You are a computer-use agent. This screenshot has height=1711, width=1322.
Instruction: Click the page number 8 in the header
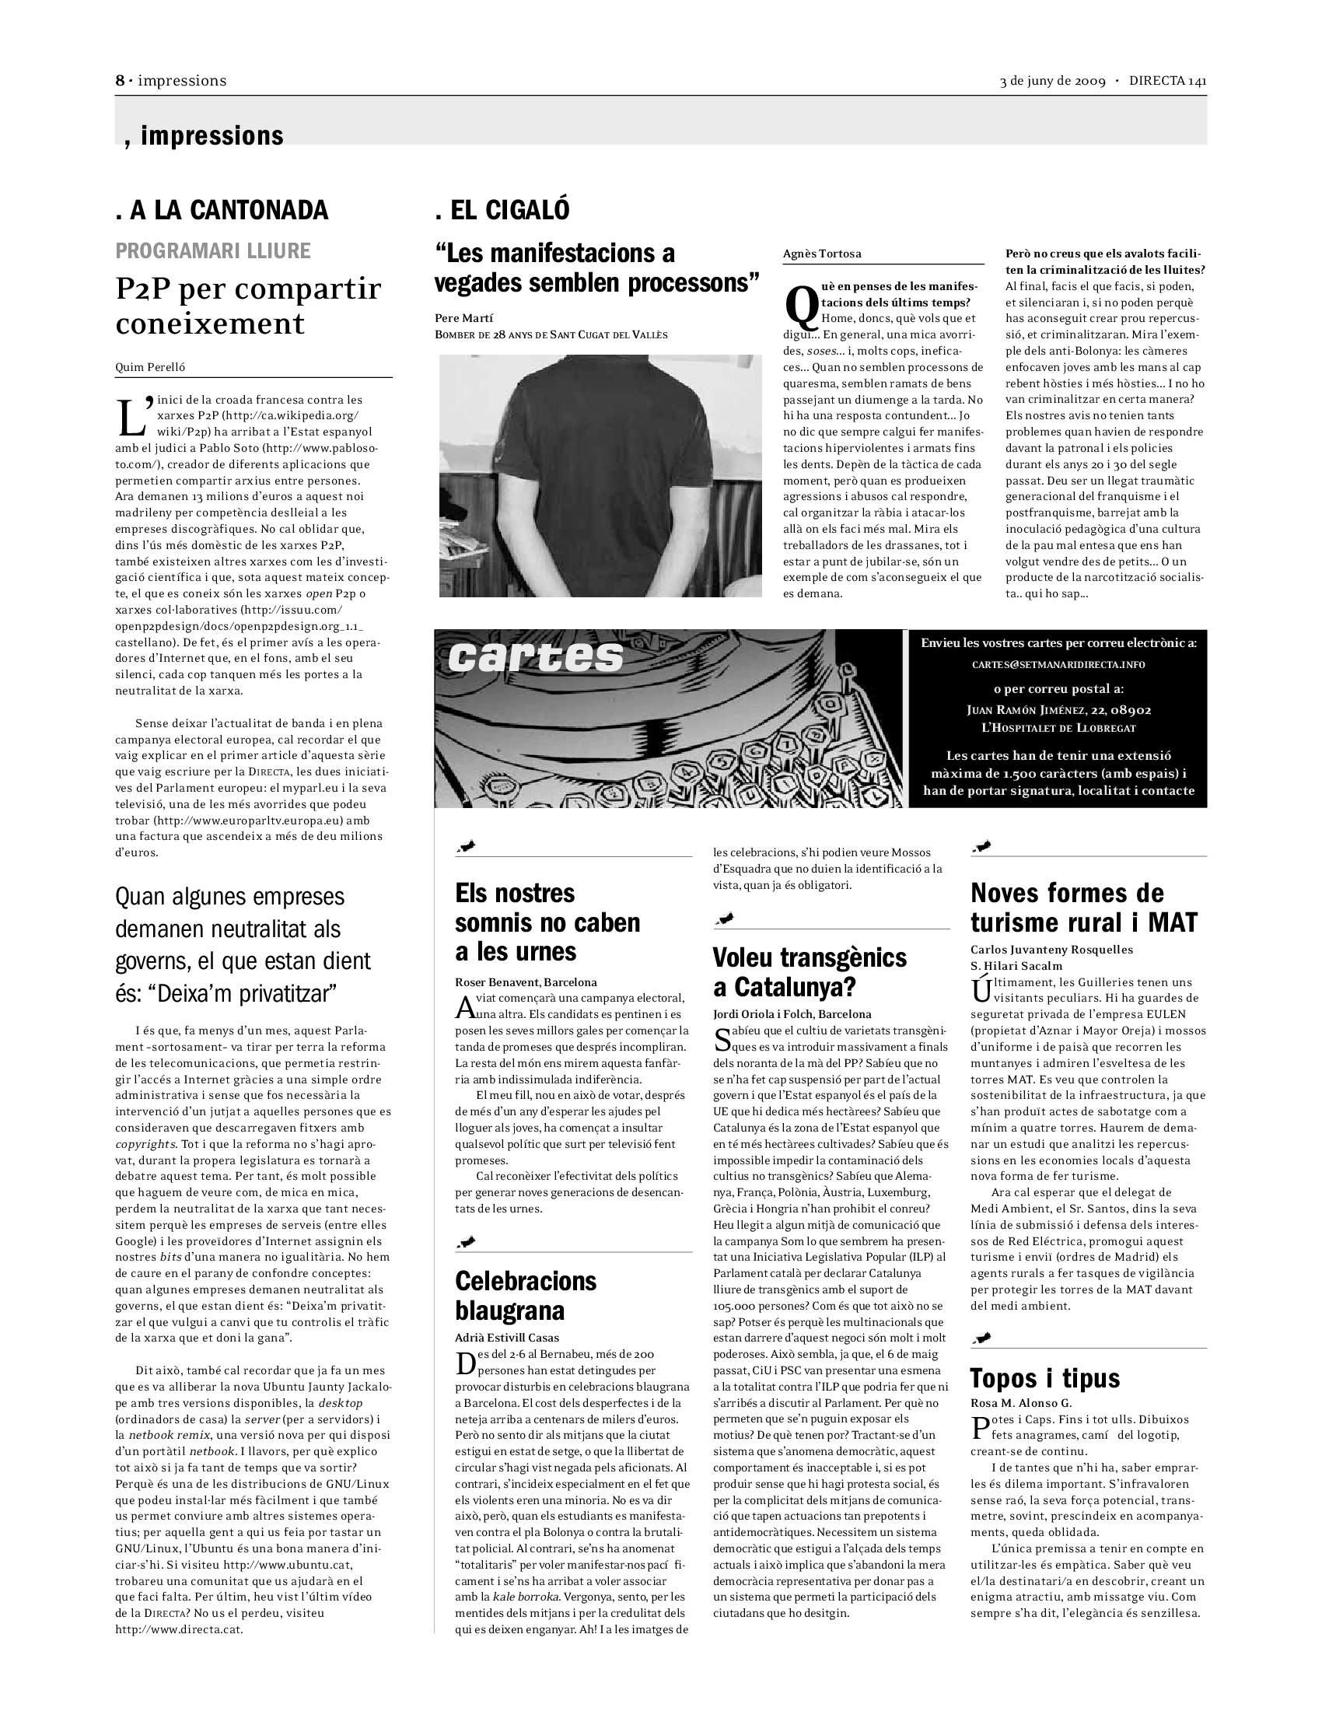tap(120, 81)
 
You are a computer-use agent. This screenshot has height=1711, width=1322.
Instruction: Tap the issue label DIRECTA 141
tap(1167, 82)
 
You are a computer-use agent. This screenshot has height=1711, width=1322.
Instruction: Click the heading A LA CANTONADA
tap(222, 210)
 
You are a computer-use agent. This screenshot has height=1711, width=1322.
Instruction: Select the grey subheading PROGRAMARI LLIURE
tap(213, 250)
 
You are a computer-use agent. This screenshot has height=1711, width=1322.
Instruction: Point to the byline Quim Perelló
tap(150, 366)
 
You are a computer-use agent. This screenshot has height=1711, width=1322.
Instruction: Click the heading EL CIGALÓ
tap(502, 210)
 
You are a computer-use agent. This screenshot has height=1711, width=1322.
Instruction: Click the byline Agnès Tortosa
tap(821, 254)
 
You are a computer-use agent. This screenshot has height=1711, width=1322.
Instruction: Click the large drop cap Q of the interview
tap(801, 307)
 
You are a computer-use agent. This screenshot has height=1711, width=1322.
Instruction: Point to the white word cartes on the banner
tap(536, 656)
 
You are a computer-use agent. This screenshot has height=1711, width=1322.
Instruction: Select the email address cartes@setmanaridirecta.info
tap(1058, 664)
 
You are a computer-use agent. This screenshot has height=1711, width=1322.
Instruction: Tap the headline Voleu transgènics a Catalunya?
tap(809, 971)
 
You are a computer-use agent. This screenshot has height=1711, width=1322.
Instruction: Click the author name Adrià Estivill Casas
tap(507, 1338)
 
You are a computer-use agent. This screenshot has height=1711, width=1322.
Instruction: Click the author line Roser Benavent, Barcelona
tap(526, 982)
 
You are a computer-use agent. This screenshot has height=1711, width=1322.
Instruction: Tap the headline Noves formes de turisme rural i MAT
tap(1084, 907)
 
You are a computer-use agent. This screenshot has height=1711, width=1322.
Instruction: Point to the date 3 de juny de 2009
tap(1052, 82)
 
